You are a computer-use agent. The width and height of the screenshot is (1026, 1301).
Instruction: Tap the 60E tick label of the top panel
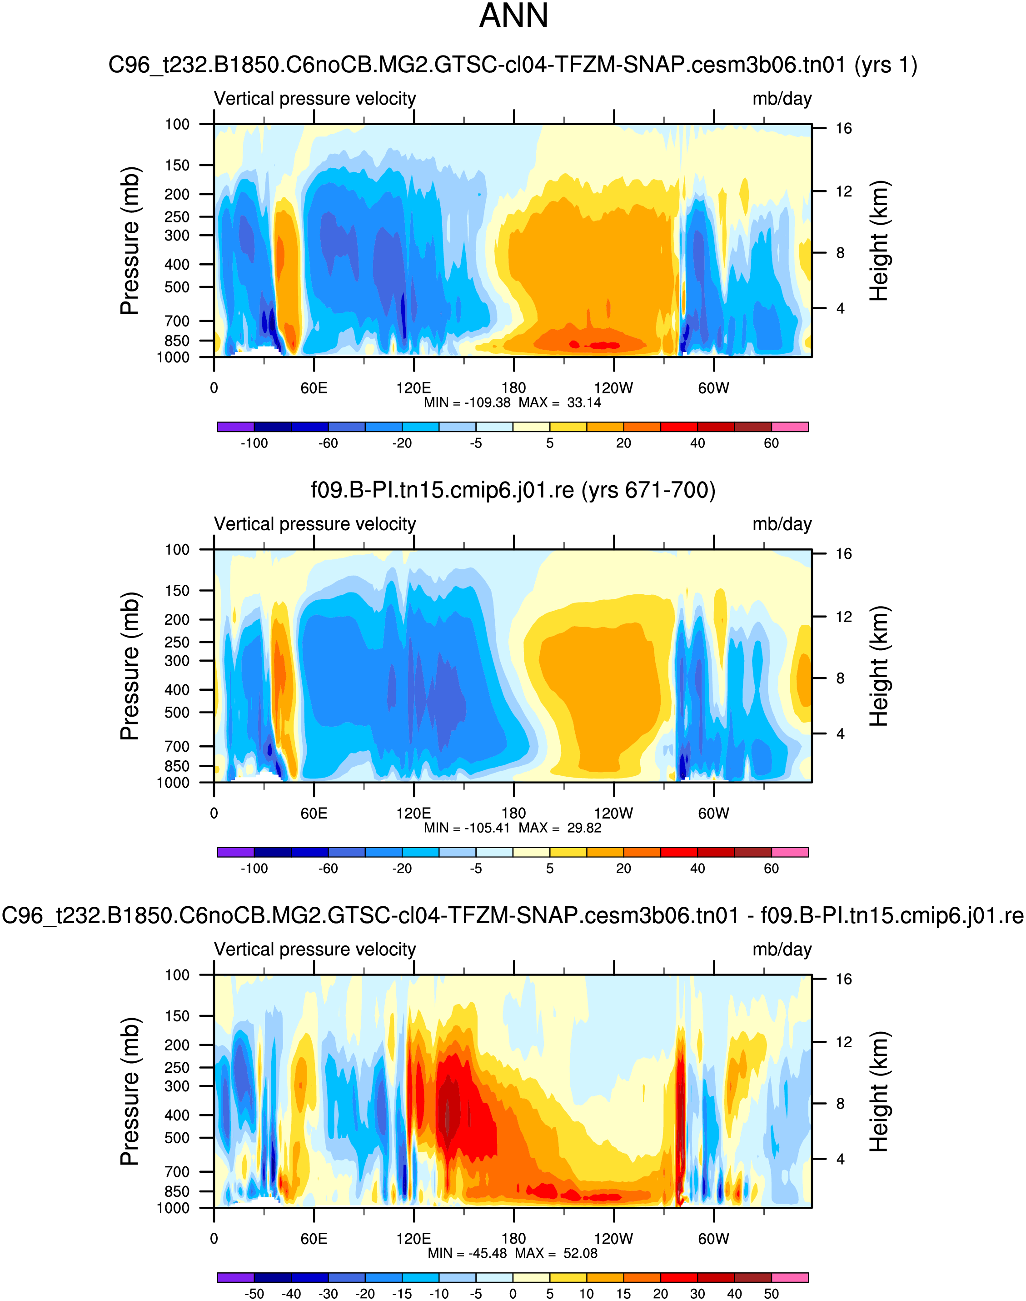point(314,388)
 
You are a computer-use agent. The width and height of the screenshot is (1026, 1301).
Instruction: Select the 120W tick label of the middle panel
point(613,814)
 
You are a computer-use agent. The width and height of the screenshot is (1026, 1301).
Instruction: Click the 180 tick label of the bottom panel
point(513,1239)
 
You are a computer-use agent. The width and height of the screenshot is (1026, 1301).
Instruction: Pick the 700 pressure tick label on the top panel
point(177,321)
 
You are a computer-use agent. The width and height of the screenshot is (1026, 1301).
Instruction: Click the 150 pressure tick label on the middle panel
point(177,590)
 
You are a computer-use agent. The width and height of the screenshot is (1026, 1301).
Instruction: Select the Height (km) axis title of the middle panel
point(878,666)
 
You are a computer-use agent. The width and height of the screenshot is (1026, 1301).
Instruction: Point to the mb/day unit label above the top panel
point(782,99)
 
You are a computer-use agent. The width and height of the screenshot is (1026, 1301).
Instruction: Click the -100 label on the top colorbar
point(254,443)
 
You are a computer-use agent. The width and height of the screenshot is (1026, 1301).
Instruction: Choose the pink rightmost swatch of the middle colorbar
point(789,852)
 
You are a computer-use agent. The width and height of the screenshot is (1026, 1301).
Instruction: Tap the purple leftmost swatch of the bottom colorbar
point(235,1277)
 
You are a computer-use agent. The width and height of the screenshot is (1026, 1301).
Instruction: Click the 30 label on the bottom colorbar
point(697,1294)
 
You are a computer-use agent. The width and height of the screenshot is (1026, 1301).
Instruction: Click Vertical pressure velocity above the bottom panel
point(315,949)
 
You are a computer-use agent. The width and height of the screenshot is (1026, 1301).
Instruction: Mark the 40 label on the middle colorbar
point(697,869)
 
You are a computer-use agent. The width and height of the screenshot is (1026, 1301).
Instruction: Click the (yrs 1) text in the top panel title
point(886,64)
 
